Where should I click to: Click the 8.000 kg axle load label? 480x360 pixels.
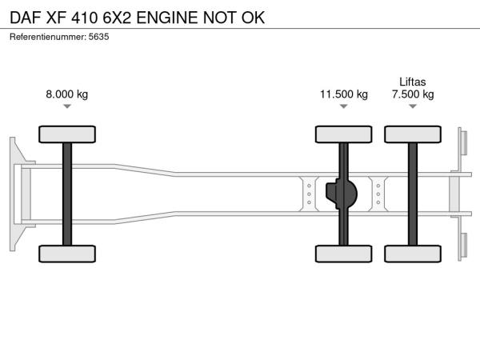click(x=66, y=94)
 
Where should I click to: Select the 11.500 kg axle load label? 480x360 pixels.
click(x=344, y=94)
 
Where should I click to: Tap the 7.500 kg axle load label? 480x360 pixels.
click(x=413, y=94)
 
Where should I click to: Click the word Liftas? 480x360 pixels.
click(x=413, y=82)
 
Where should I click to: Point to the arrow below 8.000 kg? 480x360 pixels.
click(x=67, y=106)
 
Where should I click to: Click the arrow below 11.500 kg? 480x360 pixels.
click(x=344, y=106)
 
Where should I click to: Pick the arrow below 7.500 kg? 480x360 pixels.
click(x=413, y=106)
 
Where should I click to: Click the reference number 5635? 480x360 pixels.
click(x=98, y=37)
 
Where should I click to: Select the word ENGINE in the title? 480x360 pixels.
click(x=167, y=18)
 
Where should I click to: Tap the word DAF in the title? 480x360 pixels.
click(x=26, y=18)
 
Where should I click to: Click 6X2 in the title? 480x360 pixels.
click(x=117, y=18)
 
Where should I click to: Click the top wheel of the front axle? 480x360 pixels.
click(x=67, y=134)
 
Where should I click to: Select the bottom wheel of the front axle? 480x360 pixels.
click(x=67, y=254)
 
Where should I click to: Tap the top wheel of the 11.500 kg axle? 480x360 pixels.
click(x=344, y=134)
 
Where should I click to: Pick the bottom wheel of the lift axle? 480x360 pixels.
click(x=413, y=254)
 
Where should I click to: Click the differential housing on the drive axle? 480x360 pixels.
click(x=342, y=194)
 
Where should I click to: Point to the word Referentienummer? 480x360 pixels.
click(x=48, y=37)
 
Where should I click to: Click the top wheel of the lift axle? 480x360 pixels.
click(x=413, y=134)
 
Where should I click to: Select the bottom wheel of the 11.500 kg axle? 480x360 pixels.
click(x=344, y=254)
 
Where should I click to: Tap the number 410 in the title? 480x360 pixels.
click(x=85, y=18)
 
